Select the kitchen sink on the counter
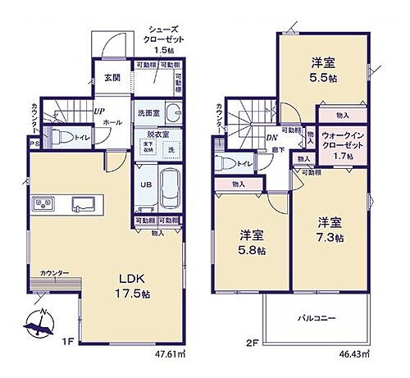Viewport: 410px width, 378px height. pos(84,203)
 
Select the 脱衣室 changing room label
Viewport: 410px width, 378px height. pos(157,134)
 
